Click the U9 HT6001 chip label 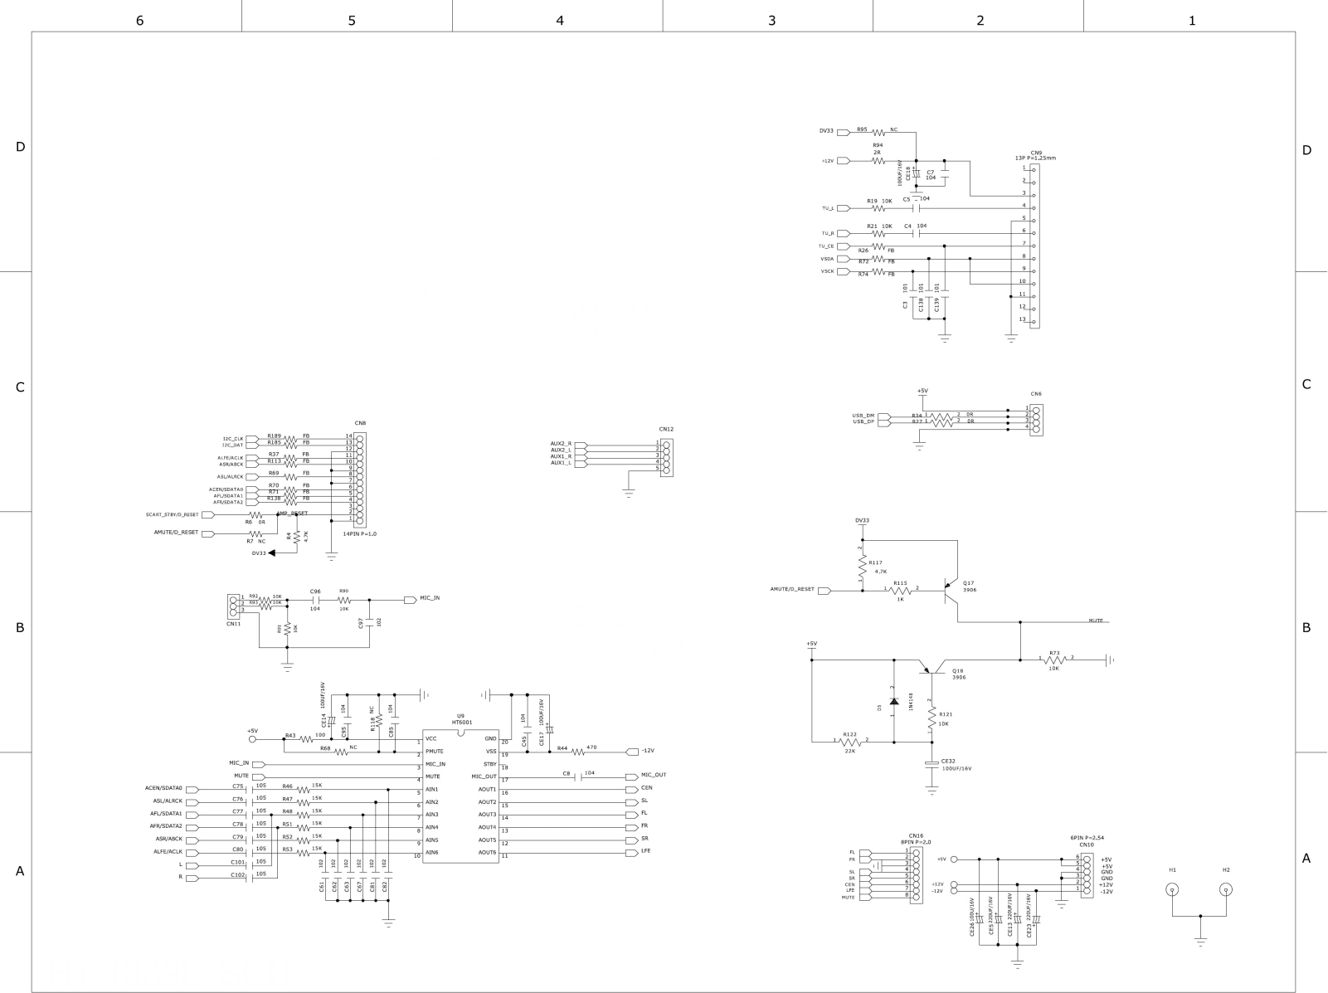461,719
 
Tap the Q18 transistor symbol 932,667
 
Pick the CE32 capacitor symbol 932,762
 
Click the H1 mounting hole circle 1172,891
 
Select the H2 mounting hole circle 1226,891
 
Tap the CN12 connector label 667,429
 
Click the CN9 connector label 1036,153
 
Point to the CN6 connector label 1036,394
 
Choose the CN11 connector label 233,623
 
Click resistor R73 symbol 1054,660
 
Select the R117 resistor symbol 863,568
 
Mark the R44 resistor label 562,747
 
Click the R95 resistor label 862,129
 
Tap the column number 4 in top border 559,20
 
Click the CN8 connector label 360,423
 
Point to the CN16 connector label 916,836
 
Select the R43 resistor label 290,735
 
